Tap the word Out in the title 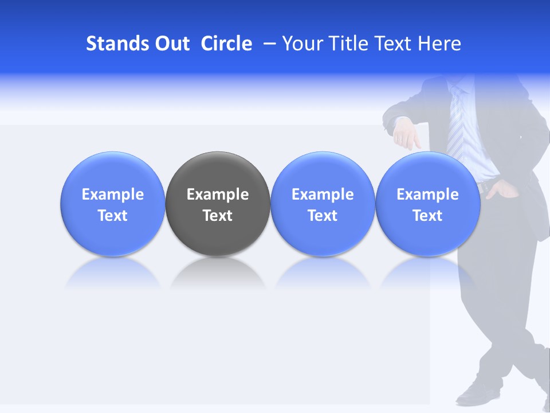(171, 44)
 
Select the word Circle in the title (226, 44)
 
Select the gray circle (218, 229)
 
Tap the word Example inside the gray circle (218, 194)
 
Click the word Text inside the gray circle (218, 216)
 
